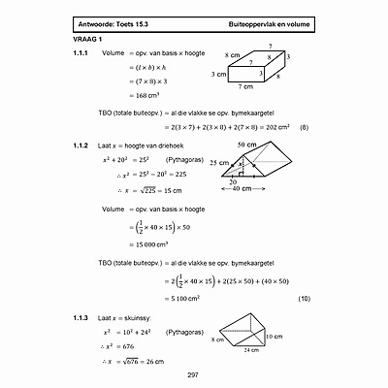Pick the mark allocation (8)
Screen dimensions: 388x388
[304, 127]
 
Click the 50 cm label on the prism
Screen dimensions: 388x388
[246, 144]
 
